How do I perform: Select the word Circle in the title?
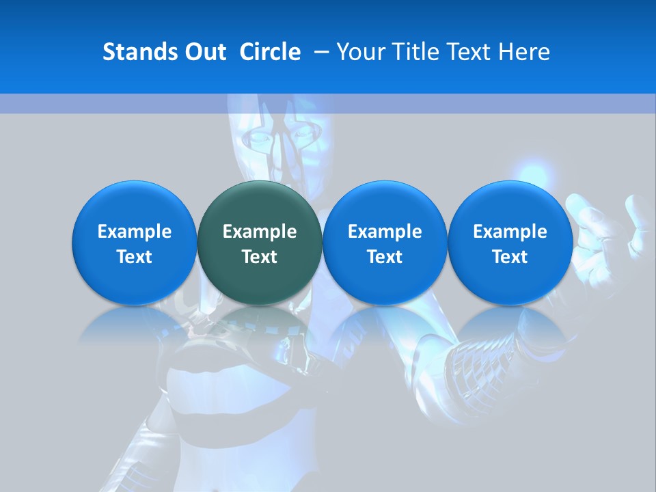click(x=270, y=52)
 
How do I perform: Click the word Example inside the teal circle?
click(x=260, y=232)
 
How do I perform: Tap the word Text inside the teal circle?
click(x=260, y=257)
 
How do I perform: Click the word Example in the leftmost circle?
click(x=135, y=232)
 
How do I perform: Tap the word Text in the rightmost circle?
click(x=510, y=257)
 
